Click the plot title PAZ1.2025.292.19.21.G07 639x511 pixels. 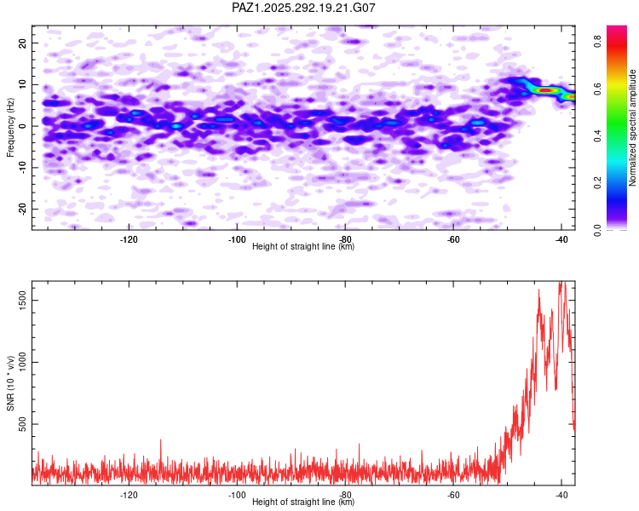click(x=304, y=8)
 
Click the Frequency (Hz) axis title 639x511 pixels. click(x=10, y=127)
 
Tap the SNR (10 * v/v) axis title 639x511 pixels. click(x=10, y=383)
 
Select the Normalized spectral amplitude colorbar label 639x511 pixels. click(x=633, y=127)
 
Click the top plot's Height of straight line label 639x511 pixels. click(x=303, y=246)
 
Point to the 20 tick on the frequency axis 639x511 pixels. click(x=22, y=43)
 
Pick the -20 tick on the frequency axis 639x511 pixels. click(x=20, y=210)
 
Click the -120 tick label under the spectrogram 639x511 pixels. click(x=129, y=239)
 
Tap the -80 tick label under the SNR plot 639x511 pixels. click(x=345, y=495)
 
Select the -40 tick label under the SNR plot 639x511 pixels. click(x=561, y=495)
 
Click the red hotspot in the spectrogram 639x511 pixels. click(x=546, y=89)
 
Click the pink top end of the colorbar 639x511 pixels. click(x=616, y=31)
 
